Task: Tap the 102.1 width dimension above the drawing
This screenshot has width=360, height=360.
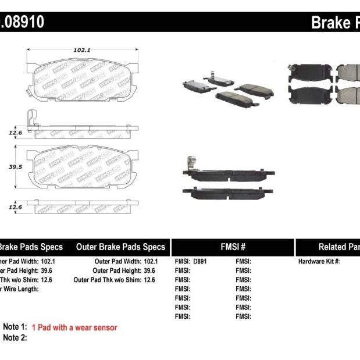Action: point(81,50)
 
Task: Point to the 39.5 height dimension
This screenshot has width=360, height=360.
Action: point(14,166)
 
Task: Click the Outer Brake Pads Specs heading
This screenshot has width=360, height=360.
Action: point(120,247)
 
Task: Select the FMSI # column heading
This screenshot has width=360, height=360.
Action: point(233,247)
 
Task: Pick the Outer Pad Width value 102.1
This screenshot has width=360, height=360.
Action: point(151,262)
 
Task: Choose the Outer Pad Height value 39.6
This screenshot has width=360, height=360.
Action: point(151,270)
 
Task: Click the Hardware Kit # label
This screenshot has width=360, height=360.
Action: point(319,262)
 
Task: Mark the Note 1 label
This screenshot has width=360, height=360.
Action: point(15,327)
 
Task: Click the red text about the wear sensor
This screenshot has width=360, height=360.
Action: point(74,328)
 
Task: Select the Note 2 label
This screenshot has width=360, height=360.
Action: point(15,337)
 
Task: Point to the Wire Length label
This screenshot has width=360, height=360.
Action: point(20,288)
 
